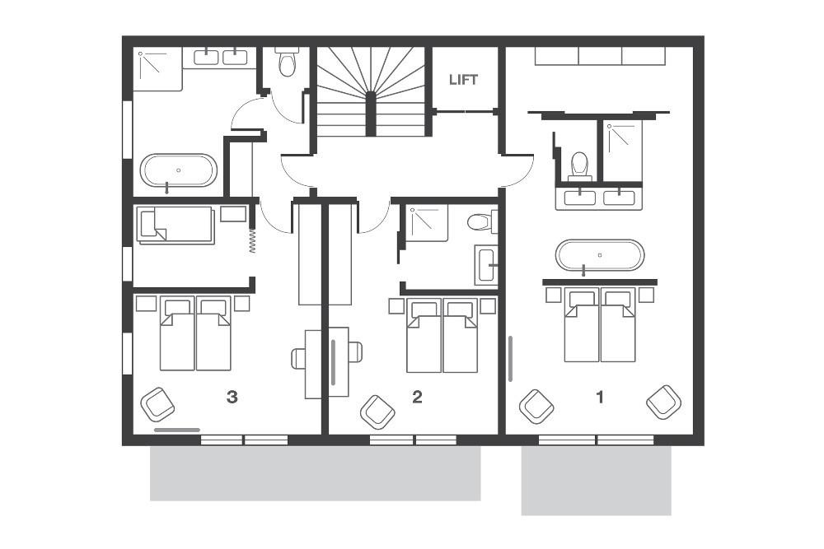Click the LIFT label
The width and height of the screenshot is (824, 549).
point(463,80)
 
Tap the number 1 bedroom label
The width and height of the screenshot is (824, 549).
point(600,397)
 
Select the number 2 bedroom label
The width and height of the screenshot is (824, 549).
point(417,398)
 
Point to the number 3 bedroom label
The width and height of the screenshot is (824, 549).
point(232,398)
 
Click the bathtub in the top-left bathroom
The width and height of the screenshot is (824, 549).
point(178,170)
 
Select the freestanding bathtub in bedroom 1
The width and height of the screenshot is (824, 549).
point(600,255)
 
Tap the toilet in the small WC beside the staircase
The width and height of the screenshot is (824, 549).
point(288,63)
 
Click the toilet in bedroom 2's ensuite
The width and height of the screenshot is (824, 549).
point(479,221)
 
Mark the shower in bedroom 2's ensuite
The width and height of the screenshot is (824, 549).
point(427,222)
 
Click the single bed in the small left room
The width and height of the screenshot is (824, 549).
point(176,225)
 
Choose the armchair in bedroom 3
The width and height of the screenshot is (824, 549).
point(157,404)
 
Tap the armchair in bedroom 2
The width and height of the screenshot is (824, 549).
point(377,411)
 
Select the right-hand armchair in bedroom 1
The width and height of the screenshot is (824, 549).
point(663,402)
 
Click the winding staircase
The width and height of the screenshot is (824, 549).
point(371,91)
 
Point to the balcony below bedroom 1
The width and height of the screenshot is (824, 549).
point(596,481)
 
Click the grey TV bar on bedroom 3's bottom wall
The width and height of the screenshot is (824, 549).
point(176,429)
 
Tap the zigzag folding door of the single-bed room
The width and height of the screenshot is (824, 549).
point(252,239)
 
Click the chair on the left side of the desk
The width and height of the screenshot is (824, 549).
point(299,357)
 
